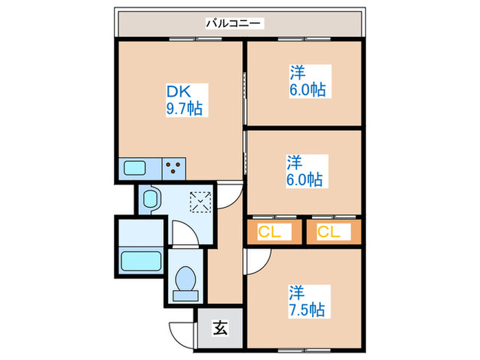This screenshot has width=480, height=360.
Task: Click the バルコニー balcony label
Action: point(234,24)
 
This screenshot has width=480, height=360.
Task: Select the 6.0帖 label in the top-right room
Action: point(307,89)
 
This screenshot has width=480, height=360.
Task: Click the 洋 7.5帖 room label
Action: point(306,300)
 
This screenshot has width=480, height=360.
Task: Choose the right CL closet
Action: point(331,232)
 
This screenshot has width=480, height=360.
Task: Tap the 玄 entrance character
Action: point(219,328)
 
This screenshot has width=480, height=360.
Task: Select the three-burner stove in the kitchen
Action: point(174,167)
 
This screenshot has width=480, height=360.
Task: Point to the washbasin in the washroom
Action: point(150,200)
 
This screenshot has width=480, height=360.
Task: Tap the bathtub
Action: point(141,261)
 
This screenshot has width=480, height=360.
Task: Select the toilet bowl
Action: point(185,280)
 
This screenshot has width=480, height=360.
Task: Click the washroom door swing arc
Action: point(185,237)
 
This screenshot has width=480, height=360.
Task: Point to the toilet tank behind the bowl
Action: point(184,296)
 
